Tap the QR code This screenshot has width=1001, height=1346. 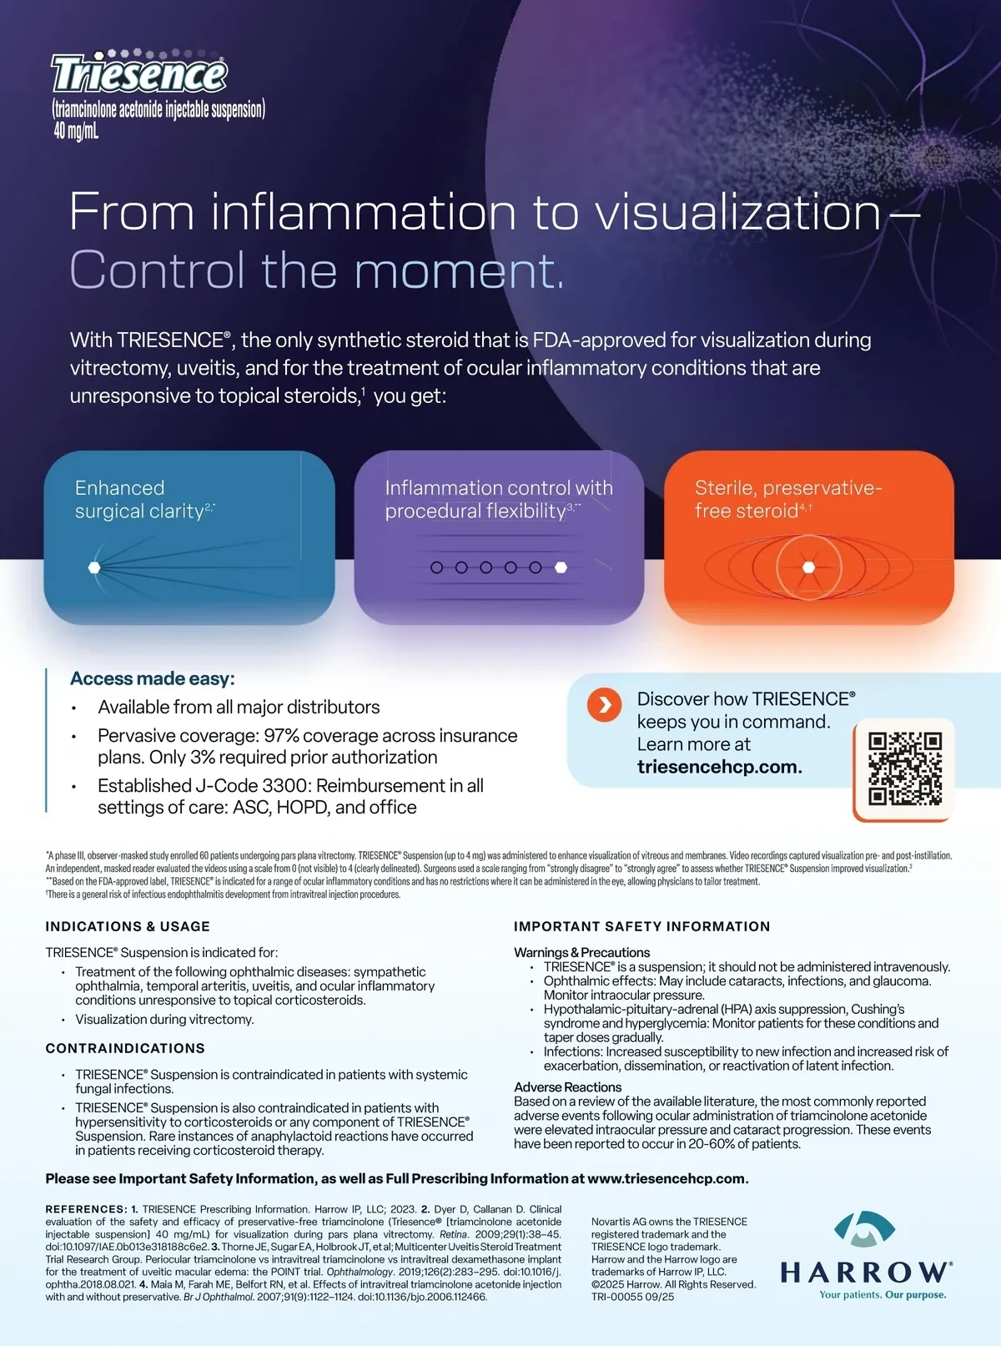(904, 769)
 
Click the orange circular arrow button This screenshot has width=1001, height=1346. (604, 704)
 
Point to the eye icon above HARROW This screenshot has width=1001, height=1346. (864, 1229)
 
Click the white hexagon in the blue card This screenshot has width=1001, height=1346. (94, 567)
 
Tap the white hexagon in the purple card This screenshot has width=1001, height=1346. (561, 567)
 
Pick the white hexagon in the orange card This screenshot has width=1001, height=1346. (808, 567)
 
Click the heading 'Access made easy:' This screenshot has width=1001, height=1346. (153, 678)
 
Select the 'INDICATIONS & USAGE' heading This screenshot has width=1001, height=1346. (128, 926)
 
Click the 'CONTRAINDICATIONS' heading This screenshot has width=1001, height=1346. (125, 1048)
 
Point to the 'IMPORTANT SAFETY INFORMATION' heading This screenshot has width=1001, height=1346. (641, 926)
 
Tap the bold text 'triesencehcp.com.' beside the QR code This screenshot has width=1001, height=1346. (720, 767)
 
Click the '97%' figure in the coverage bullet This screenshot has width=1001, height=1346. (282, 735)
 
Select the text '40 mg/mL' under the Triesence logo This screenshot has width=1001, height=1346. (76, 130)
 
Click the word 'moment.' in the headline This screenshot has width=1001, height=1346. (459, 270)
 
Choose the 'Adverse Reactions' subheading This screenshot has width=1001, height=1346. (568, 1086)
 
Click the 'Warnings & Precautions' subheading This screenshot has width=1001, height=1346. (581, 952)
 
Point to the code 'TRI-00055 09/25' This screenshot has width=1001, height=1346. (633, 1297)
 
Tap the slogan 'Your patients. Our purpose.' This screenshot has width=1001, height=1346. (883, 1295)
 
